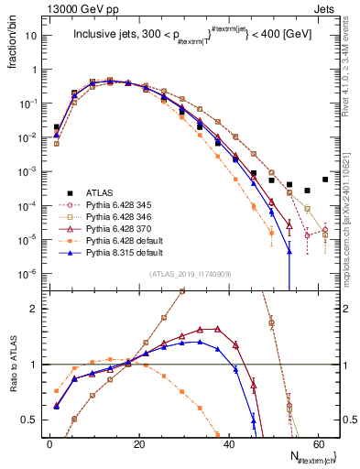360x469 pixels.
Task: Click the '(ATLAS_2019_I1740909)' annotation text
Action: tap(189, 276)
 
